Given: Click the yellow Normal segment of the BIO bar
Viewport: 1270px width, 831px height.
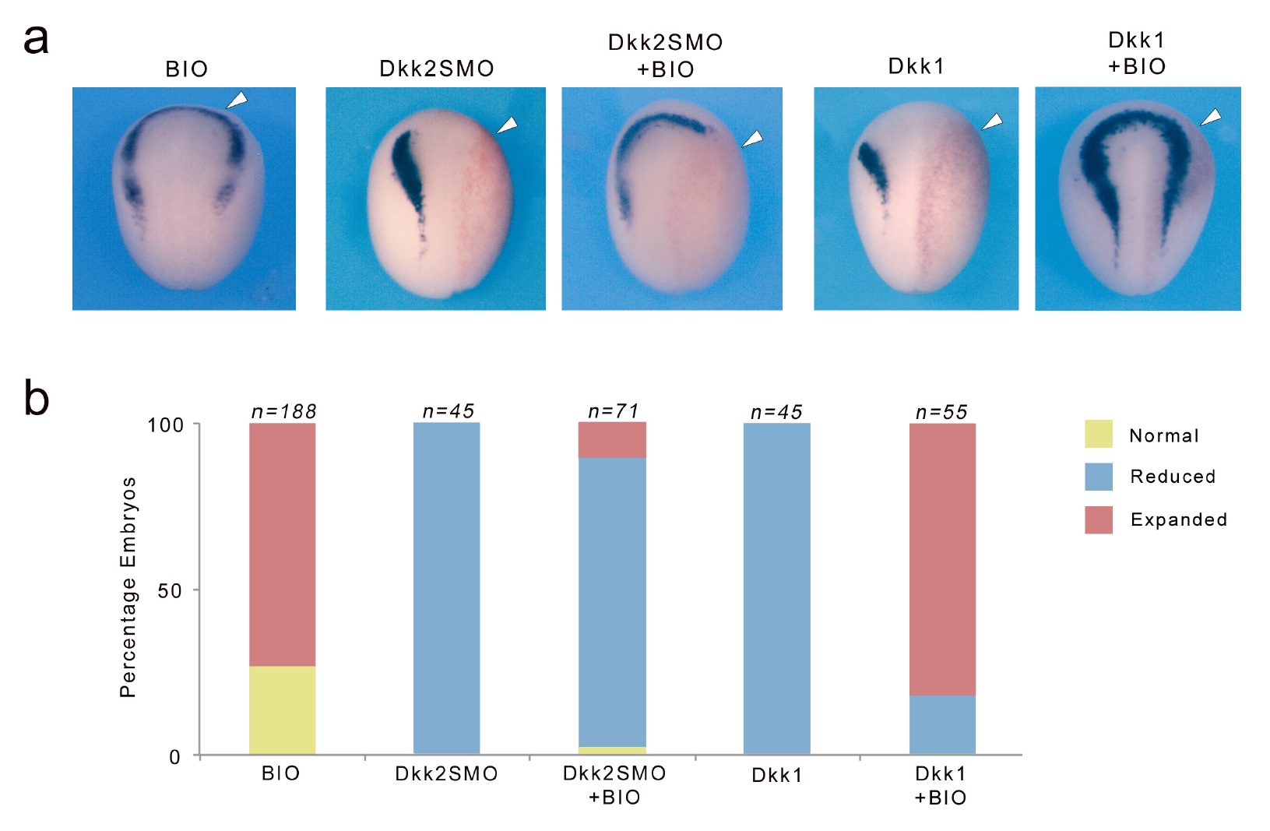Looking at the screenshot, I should coord(282,710).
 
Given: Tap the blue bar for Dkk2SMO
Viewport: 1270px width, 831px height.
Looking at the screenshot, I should coord(446,588).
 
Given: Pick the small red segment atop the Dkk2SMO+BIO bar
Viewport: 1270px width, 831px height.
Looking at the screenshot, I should coord(612,439).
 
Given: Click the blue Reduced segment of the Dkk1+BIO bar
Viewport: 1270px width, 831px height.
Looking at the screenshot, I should coord(942,724).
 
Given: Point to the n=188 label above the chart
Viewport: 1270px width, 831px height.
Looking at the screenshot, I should coord(283,411).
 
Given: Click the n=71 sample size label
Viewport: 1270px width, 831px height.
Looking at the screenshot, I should coord(614,410).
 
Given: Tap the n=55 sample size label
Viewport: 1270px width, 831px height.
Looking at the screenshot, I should coord(941,411).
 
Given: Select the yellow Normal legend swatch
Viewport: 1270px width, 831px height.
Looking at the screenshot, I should coord(1098,434).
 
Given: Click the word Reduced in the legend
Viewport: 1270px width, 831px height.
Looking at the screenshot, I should coord(1173,476).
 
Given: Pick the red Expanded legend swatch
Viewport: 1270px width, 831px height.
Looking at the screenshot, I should coord(1098,519).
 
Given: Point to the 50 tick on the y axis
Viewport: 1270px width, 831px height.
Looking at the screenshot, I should coord(170,590).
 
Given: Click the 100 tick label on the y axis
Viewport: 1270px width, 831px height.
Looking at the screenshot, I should coord(166,425).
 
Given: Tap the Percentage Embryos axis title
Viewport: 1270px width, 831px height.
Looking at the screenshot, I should coord(128,587).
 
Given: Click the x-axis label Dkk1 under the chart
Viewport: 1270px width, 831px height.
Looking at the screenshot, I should coord(776,775).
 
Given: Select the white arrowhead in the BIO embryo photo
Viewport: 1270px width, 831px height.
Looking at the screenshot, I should coord(237,100).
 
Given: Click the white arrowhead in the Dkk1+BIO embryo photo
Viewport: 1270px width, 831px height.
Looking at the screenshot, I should coord(1211,117).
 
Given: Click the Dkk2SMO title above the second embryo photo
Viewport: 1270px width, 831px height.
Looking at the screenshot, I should coord(436,69).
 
